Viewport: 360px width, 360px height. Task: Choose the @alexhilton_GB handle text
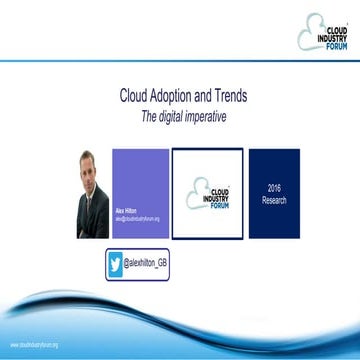[x=156, y=264]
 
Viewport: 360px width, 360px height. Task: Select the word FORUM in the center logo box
[x=218, y=206]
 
